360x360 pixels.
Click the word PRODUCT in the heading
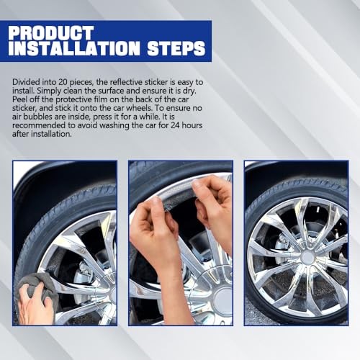click(x=51, y=32)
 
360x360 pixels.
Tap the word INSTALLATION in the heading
click(x=74, y=48)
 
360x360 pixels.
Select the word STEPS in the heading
click(x=176, y=48)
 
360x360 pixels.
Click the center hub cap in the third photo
click(x=307, y=258)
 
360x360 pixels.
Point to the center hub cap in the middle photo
click(x=222, y=300)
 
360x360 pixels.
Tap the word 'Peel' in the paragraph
click(x=19, y=99)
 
